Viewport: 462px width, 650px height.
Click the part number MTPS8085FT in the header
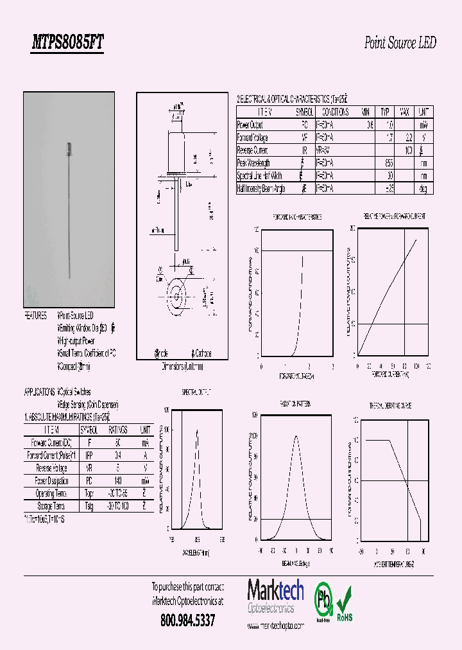tap(67, 43)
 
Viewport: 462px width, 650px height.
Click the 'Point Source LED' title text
tap(400, 43)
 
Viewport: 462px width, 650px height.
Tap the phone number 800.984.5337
tap(187, 620)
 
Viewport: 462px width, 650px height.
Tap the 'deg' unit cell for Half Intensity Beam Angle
tap(423, 189)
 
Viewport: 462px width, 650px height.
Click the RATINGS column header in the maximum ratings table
tap(117, 430)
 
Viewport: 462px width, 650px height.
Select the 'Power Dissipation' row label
tap(52, 480)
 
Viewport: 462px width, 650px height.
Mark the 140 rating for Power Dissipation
tap(117, 480)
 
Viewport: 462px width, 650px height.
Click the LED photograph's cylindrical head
tap(68, 148)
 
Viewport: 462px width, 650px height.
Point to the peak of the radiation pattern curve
tap(296, 436)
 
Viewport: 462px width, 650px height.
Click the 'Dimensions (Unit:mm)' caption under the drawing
tap(182, 367)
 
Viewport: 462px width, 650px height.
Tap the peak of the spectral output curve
tap(196, 430)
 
